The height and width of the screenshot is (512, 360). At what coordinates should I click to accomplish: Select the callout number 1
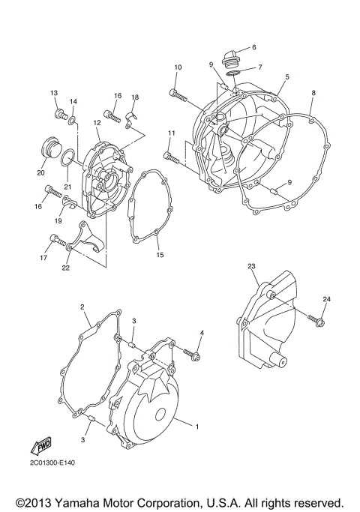pos(196,427)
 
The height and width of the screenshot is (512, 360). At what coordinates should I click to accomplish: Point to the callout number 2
pos(83,307)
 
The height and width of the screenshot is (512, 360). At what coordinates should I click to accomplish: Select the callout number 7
pos(259,67)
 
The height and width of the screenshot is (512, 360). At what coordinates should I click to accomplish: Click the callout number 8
pos(313,93)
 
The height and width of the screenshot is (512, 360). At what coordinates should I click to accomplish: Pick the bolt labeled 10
pos(176,94)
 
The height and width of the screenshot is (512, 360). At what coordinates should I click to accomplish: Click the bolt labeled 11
pos(170,156)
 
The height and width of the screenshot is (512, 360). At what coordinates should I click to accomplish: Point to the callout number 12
pos(97,122)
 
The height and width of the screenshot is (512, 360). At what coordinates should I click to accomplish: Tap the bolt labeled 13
pos(58,115)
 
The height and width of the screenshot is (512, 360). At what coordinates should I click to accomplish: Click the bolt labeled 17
pos(54,240)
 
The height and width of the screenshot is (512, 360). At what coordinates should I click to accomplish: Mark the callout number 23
pos(252,265)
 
